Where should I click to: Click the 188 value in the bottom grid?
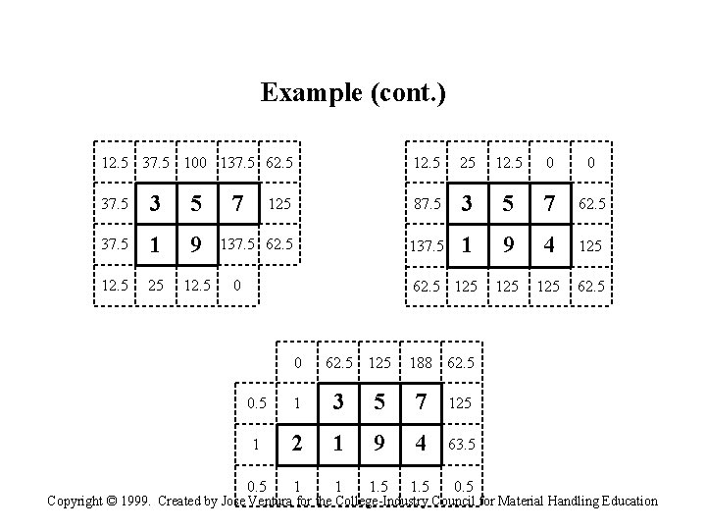[421, 362]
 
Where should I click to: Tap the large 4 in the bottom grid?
[422, 443]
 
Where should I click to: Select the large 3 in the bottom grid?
[339, 402]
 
